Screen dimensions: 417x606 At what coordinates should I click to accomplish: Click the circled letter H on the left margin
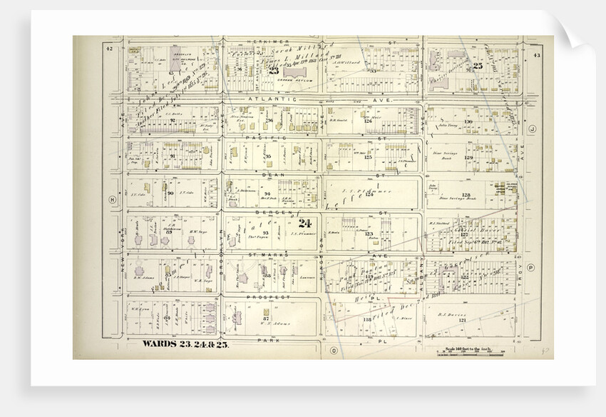112,200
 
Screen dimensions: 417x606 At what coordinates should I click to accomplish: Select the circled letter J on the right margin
532,129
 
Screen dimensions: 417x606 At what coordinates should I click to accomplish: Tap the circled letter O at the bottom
333,350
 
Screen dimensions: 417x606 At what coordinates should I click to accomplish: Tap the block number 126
369,121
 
